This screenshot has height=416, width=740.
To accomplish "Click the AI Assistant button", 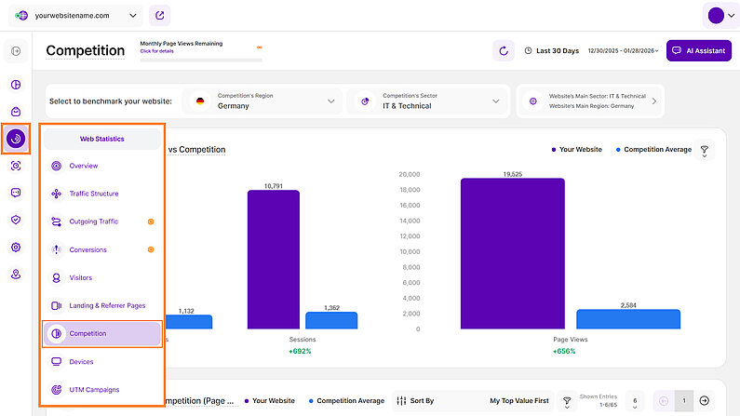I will tap(698, 50).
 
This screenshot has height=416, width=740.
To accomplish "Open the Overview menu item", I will tap(83, 166).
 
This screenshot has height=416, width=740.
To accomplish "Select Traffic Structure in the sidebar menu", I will tap(93, 194).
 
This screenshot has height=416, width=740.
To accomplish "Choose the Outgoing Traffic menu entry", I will tap(93, 221).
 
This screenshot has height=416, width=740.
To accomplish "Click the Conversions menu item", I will tap(87, 249).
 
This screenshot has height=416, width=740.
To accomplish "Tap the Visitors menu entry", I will tap(80, 277).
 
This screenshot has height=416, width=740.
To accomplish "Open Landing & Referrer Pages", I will tap(107, 305).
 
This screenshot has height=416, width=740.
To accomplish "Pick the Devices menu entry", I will tap(81, 361).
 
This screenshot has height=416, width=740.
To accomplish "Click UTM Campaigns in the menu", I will tap(94, 389).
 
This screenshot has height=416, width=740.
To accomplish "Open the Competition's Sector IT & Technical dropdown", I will tap(428, 101).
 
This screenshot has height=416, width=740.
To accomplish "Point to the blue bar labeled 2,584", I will tap(628, 319).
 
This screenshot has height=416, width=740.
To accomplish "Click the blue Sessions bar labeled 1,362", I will tap(331, 320).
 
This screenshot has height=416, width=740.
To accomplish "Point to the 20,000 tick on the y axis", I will tap(410, 174).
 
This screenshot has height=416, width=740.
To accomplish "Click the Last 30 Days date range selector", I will tap(558, 50).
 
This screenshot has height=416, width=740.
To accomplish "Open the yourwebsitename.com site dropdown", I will tap(79, 15).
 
